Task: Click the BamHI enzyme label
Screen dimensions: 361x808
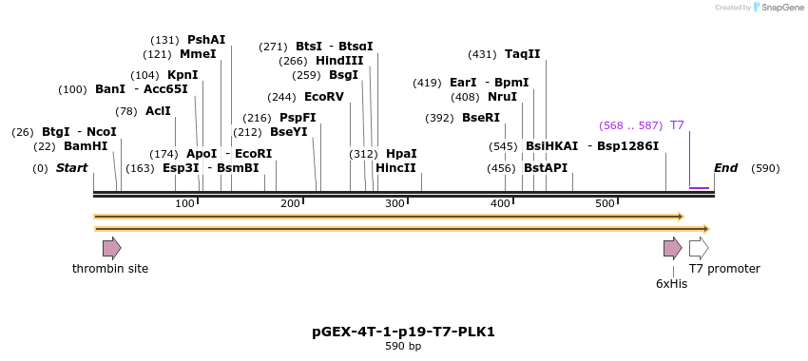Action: coord(86,146)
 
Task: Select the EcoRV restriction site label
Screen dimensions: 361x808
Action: coord(324,97)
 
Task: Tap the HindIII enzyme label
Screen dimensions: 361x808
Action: coord(339,61)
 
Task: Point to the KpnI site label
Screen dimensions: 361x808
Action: coord(183,75)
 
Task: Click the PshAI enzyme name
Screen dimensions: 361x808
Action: coord(206,40)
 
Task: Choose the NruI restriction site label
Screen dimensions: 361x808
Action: coord(502,97)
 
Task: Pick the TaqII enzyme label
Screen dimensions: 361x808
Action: coord(522,54)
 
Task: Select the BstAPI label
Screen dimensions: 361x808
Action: coord(546,168)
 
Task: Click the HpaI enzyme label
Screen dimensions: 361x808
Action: coord(401,154)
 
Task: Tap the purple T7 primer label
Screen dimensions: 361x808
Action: coord(677,125)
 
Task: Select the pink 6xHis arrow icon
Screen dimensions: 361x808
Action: coord(672,248)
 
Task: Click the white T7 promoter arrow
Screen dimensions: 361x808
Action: coord(699,248)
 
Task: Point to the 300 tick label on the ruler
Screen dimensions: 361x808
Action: coord(394,203)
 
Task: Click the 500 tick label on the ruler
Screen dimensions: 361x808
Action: coord(605,203)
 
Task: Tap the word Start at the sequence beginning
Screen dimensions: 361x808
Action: coord(71,168)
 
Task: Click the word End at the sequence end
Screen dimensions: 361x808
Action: coord(725,168)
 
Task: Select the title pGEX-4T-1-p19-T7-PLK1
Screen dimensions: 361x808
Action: coord(403,332)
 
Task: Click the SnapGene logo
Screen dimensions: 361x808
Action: coord(779,8)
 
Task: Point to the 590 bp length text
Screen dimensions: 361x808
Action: coord(403,347)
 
